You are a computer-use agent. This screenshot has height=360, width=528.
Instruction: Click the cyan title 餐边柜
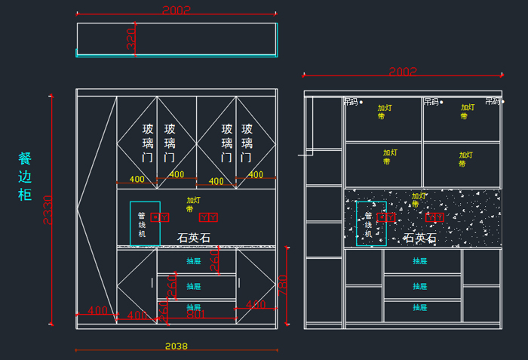point(25,177)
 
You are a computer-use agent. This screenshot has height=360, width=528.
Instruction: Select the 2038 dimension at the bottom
point(176,346)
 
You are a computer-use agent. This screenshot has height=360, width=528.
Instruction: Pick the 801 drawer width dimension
point(195,314)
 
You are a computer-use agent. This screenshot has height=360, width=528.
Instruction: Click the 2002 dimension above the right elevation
point(403,72)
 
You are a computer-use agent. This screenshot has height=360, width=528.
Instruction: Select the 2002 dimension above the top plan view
point(177,10)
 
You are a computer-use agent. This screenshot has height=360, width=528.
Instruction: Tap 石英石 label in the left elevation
point(194,238)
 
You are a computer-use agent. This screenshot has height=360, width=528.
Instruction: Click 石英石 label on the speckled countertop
point(420,238)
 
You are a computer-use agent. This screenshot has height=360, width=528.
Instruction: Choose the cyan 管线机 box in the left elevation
point(144,223)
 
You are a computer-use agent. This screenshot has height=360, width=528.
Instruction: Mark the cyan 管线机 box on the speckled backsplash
point(370,223)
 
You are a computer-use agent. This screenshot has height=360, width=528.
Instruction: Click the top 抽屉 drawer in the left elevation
point(194,261)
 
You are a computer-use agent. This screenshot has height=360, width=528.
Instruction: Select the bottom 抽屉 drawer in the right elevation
point(420,307)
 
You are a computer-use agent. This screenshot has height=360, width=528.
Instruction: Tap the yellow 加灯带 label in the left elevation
point(194,205)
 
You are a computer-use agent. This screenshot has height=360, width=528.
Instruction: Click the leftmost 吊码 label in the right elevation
point(351,101)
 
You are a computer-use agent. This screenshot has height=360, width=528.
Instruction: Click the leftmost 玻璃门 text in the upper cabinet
point(149,143)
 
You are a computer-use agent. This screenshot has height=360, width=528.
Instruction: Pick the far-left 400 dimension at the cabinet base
point(97,310)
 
